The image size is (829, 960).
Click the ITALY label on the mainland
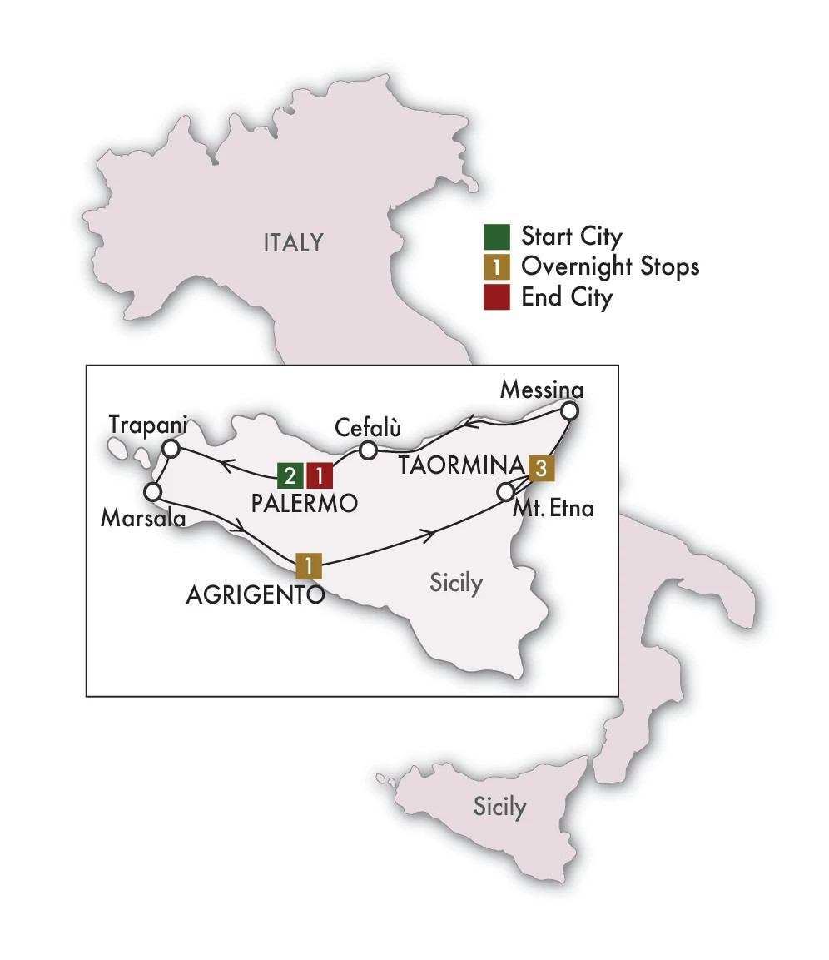tap(293, 242)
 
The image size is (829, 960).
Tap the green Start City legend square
tap(495, 237)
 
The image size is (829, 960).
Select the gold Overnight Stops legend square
tap(495, 267)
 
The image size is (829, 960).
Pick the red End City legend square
tap(495, 297)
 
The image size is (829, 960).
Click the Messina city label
tap(540, 390)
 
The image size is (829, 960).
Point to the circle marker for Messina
tap(569, 410)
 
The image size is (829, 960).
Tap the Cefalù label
tap(368, 427)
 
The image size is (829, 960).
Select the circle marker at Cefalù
tap(369, 450)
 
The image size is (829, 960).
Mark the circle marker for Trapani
tap(171, 449)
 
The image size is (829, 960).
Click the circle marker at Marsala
tap(152, 491)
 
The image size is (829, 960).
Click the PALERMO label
tap(304, 503)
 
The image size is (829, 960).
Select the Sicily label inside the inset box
tap(456, 583)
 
